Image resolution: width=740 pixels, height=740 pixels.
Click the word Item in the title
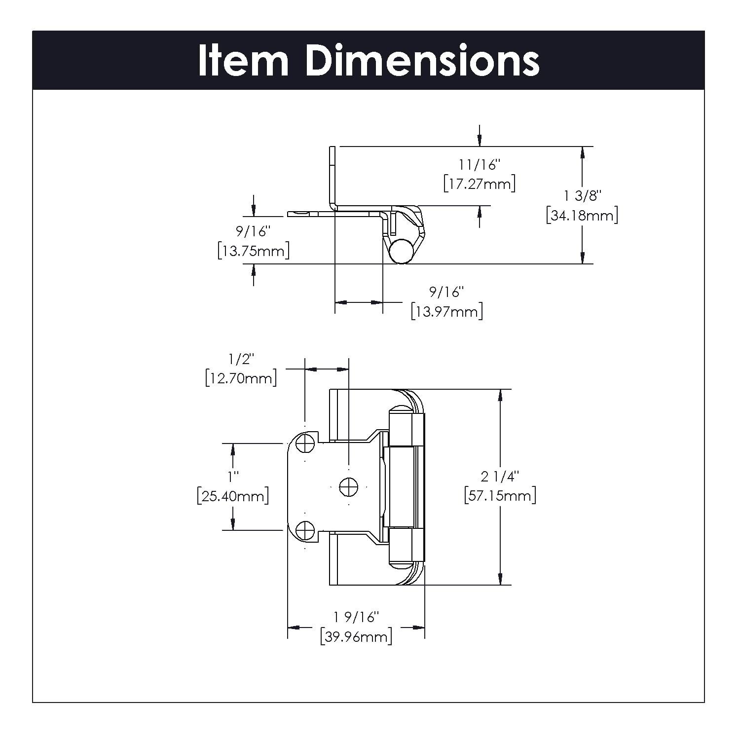click(243, 61)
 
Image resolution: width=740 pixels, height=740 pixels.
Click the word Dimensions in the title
click(422, 61)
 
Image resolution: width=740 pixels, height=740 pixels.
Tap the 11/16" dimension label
click(480, 164)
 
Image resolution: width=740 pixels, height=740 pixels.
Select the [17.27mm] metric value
click(480, 184)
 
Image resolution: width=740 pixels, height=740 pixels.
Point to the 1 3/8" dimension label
click(582, 196)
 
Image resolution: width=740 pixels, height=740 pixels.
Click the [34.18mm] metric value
click(582, 216)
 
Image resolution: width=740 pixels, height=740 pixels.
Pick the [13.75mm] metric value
click(254, 251)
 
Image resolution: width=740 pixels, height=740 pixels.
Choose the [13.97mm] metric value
click(447, 312)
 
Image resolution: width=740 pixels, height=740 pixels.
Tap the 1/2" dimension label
click(241, 359)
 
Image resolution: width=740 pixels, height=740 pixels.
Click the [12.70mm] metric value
click(241, 378)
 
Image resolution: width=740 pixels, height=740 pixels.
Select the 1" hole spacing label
click(233, 477)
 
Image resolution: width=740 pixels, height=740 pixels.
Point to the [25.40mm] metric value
click(233, 496)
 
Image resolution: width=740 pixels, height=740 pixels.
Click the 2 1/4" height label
click(500, 477)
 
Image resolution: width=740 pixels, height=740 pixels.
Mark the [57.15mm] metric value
click(500, 495)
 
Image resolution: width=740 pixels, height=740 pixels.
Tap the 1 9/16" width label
click(356, 617)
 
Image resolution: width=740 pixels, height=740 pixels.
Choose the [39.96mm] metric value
click(356, 637)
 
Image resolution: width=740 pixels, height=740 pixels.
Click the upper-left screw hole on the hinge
click(305, 444)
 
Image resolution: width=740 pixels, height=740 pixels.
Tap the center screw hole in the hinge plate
click(348, 487)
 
